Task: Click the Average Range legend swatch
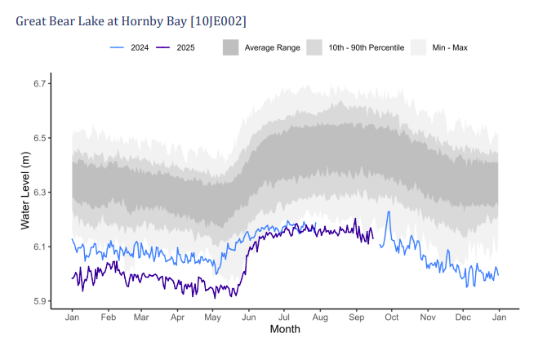pyautogui.click(x=232, y=47)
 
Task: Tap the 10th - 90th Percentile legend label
pyautogui.click(x=366, y=47)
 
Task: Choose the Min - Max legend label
pyautogui.click(x=450, y=47)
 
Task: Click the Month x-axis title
pyautogui.click(x=285, y=330)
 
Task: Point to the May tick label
pyautogui.click(x=212, y=317)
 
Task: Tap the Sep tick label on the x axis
pyautogui.click(x=356, y=317)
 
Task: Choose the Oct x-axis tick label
pyautogui.click(x=391, y=317)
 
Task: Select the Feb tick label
pyautogui.click(x=108, y=317)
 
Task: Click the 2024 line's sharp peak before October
pyautogui.click(x=389, y=212)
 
